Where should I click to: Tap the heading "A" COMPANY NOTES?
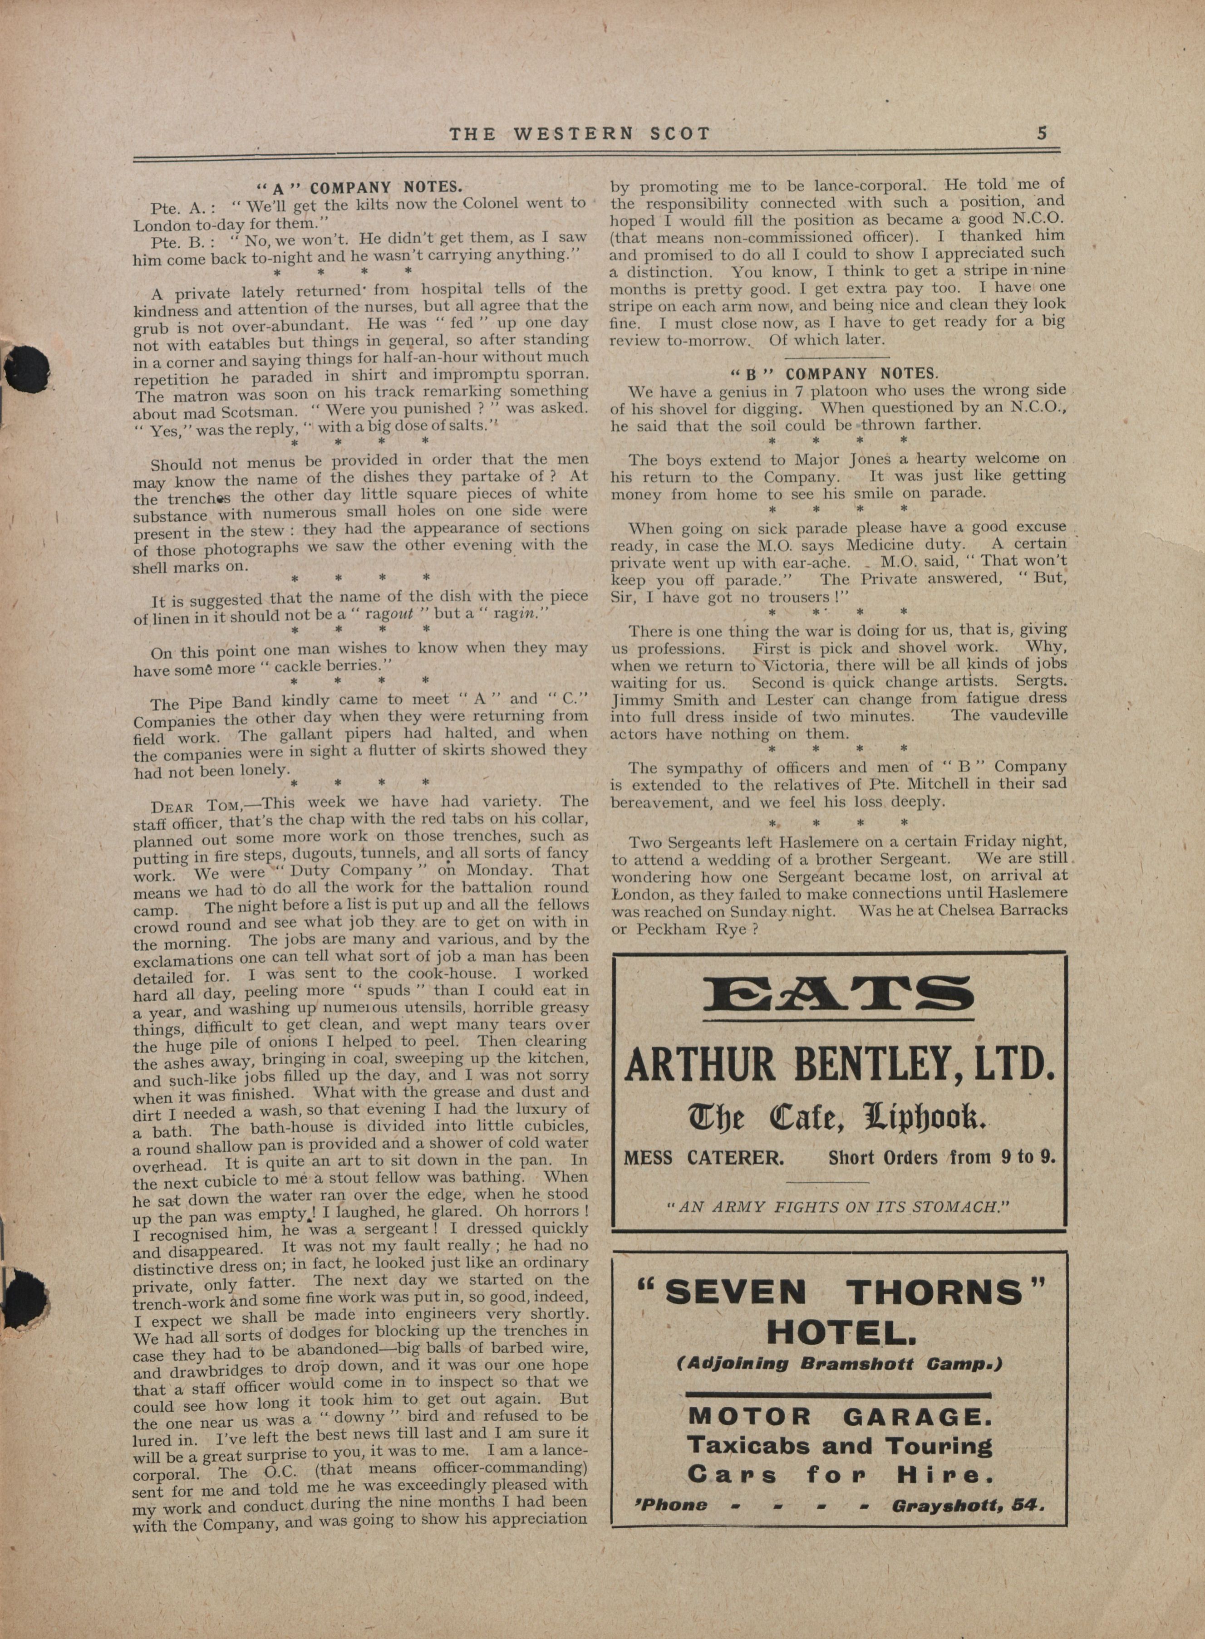[x=362, y=186]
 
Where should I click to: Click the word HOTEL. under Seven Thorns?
[x=840, y=1334]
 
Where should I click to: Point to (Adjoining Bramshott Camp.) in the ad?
[x=840, y=1363]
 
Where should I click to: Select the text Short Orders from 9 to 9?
[x=942, y=1158]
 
